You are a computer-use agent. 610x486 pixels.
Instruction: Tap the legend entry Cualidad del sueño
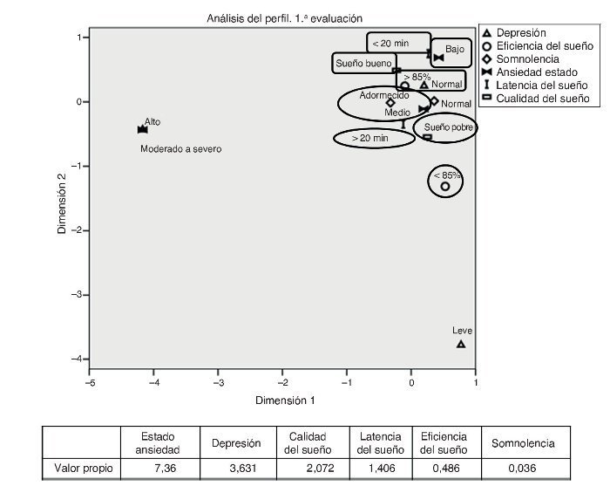point(543,99)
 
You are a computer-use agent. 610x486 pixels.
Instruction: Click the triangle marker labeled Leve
point(461,344)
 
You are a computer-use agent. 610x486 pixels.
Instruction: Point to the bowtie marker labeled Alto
point(143,129)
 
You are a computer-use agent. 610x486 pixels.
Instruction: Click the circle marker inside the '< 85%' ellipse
point(445,186)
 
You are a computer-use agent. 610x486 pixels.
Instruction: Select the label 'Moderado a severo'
point(181,149)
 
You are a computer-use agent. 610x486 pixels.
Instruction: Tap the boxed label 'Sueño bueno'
point(363,64)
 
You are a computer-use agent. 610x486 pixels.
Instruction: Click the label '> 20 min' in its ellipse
point(369,138)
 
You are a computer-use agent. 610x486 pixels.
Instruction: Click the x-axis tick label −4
point(153,382)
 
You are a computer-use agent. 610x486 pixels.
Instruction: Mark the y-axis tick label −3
point(78,295)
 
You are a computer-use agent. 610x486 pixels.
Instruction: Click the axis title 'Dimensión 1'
point(284,400)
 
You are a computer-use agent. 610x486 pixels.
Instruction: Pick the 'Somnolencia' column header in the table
point(524,443)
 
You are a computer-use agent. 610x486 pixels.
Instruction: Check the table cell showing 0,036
point(524,468)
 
